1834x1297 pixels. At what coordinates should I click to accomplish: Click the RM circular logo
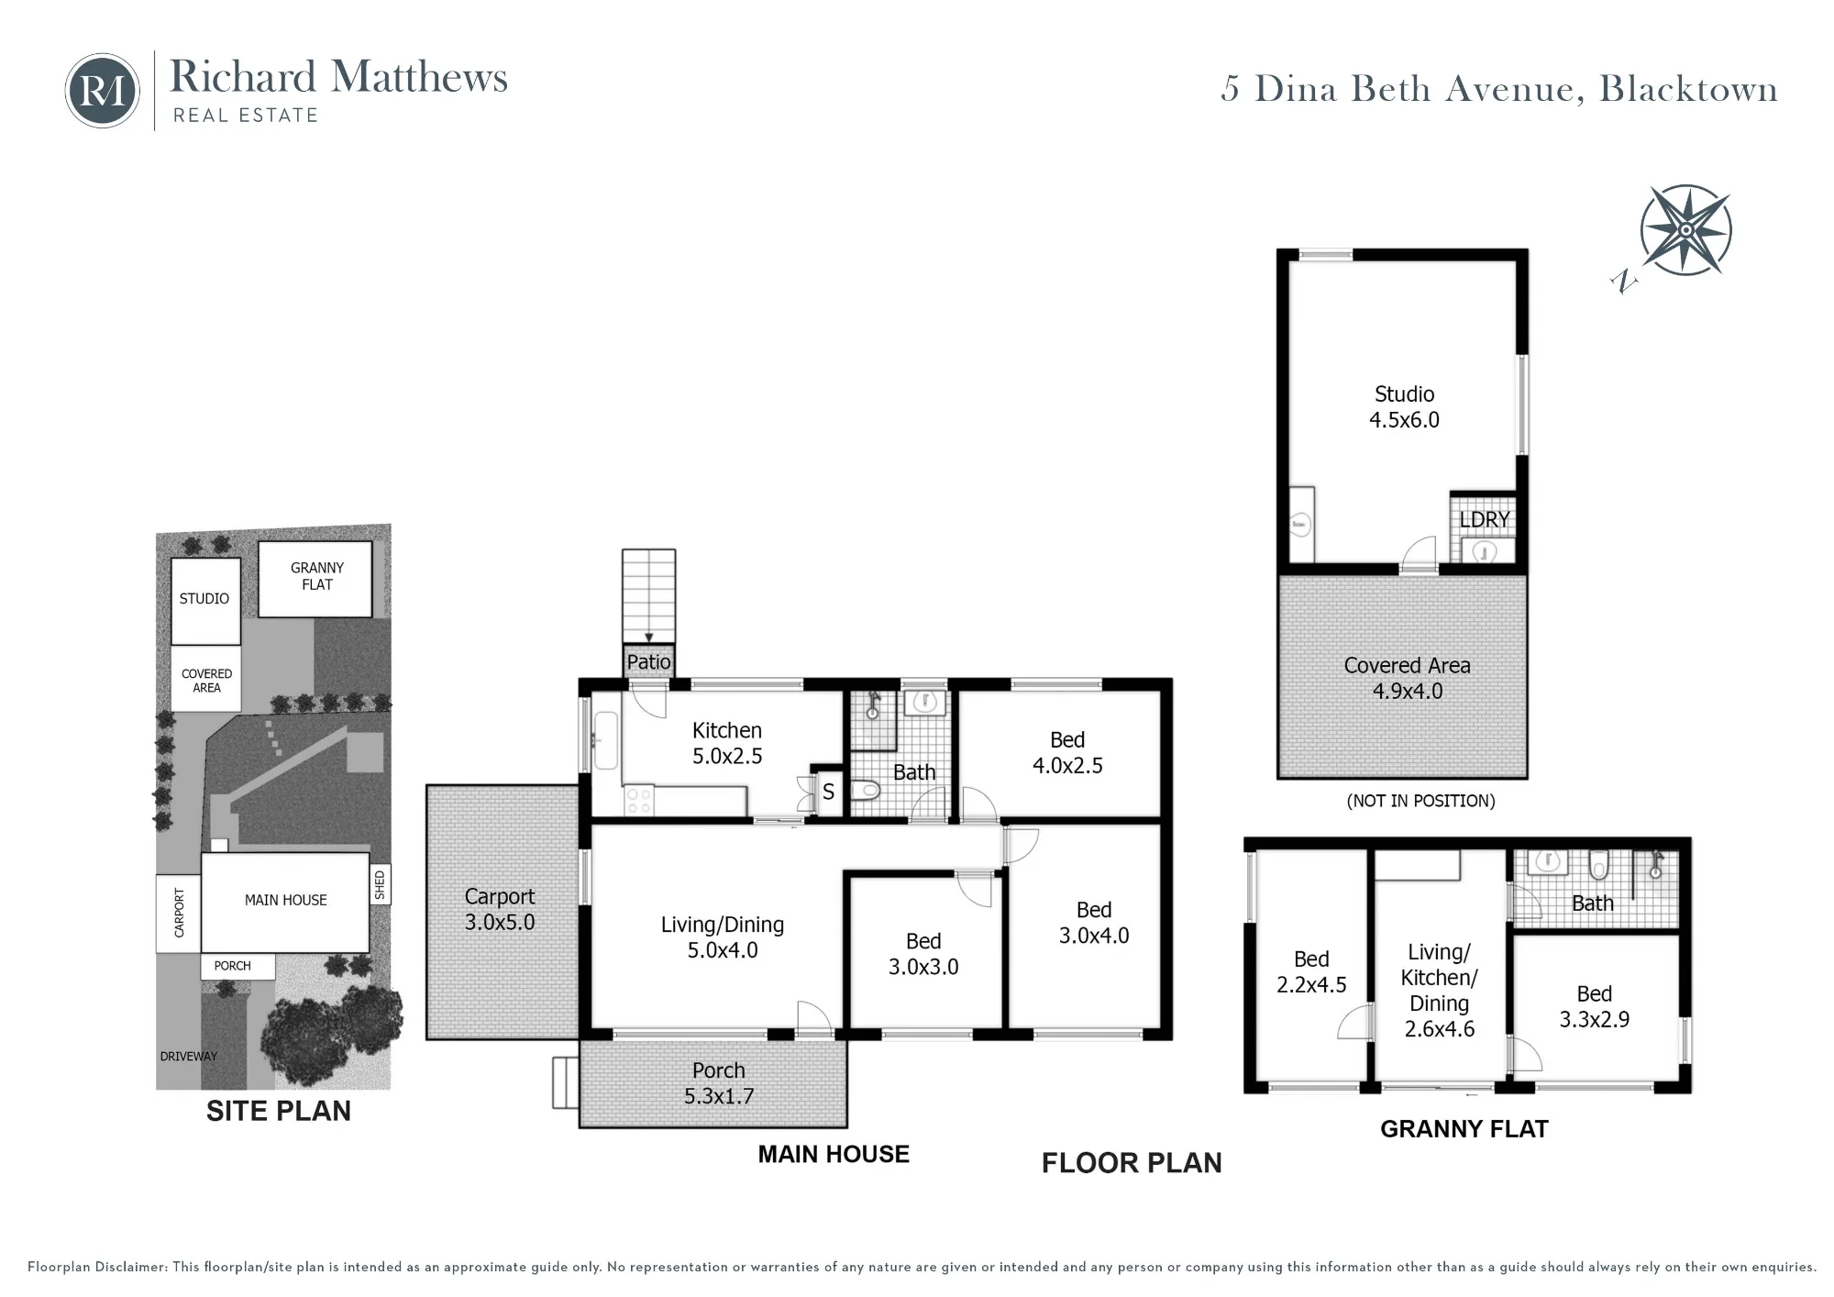(103, 90)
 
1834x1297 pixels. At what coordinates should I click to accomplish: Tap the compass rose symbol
(1685, 230)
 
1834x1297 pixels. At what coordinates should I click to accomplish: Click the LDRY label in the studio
(1485, 519)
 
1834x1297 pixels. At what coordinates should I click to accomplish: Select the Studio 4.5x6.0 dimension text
(1404, 407)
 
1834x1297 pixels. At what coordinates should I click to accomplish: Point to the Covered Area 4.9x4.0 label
(1407, 678)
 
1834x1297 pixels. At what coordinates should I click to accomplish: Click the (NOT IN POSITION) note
(1420, 801)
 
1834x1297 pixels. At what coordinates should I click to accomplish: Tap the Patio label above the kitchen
(648, 661)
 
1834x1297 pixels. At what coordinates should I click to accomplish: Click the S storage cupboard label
(828, 792)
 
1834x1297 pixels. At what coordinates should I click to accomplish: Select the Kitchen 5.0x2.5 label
(727, 743)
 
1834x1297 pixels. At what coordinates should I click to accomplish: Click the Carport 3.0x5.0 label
(500, 909)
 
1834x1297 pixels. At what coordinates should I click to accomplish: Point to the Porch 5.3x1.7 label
(719, 1083)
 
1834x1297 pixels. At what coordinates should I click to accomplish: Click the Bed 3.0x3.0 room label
(923, 954)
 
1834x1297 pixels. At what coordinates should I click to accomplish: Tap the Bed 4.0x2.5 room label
(1067, 752)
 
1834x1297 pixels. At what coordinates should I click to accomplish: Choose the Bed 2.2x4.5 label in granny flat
(1311, 971)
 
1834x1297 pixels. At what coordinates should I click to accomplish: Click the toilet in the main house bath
(867, 790)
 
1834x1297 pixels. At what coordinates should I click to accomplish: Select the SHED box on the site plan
(380, 885)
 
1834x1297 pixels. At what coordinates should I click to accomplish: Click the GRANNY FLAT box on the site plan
(315, 579)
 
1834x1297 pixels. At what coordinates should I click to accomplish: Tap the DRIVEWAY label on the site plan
(189, 1056)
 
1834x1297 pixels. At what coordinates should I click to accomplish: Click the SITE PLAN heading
(279, 1111)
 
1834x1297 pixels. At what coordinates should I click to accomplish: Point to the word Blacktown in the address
(1688, 89)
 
